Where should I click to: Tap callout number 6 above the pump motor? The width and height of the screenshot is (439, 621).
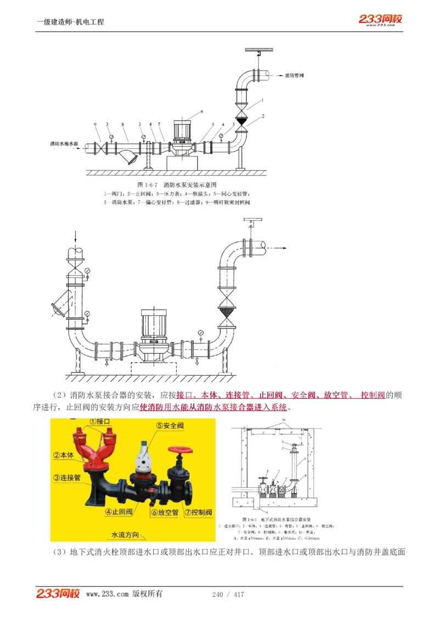click(x=201, y=111)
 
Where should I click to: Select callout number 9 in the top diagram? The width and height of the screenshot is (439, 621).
click(x=95, y=125)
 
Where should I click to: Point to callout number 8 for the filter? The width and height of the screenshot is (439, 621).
click(x=123, y=125)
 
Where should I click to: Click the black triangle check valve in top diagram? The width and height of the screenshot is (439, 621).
click(x=241, y=118)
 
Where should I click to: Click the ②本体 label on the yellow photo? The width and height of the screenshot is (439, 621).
click(x=64, y=455)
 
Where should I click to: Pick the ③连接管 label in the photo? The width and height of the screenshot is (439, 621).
click(x=67, y=478)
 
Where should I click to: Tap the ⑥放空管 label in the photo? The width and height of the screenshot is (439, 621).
click(x=165, y=512)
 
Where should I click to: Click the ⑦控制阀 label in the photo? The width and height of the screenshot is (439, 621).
click(x=198, y=512)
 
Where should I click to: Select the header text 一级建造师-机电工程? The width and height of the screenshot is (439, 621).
click(x=70, y=22)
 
